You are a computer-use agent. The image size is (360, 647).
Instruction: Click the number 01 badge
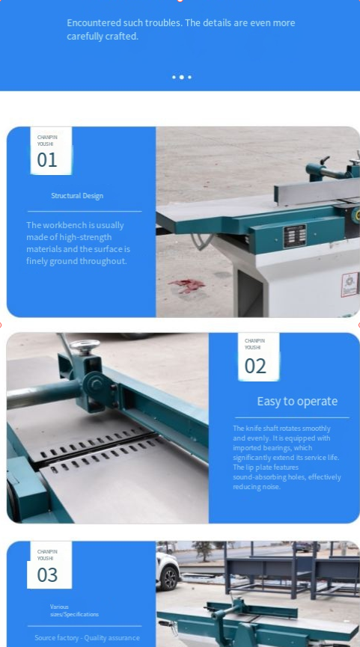tap(47, 159)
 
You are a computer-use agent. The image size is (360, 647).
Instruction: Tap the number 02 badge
tap(255, 366)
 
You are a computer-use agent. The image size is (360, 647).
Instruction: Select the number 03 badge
tap(47, 574)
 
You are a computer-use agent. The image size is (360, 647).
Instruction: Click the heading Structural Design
tap(77, 196)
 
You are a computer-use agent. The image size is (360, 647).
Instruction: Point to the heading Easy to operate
tap(297, 402)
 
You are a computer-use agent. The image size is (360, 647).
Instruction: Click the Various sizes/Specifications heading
tap(74, 610)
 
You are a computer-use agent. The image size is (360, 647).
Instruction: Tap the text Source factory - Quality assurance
tap(87, 638)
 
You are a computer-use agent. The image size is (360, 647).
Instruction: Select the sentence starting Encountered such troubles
tap(180, 29)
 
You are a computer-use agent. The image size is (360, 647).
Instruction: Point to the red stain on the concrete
tap(186, 285)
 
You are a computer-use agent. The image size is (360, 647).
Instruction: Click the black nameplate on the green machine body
tap(294, 235)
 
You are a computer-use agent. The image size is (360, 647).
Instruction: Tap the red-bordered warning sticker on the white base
tap(349, 284)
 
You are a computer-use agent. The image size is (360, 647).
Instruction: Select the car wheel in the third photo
tap(170, 577)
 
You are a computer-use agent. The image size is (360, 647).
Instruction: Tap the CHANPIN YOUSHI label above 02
tap(254, 343)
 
